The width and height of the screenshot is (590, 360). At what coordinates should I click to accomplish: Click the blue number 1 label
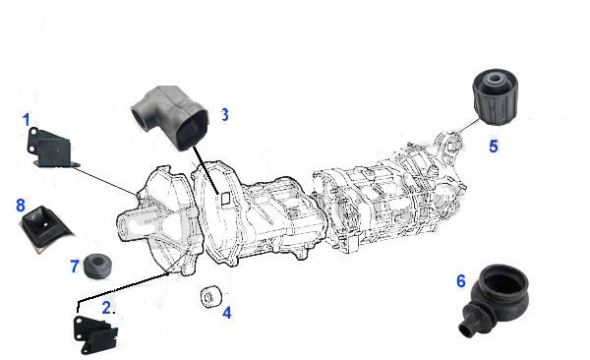click(x=26, y=120)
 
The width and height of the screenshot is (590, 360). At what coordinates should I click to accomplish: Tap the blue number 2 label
click(x=106, y=308)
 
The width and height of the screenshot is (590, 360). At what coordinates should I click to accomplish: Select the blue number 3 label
click(x=224, y=114)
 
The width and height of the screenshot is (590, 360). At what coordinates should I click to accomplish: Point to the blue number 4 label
click(x=226, y=313)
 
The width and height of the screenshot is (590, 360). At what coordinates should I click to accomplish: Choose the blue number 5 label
click(x=494, y=147)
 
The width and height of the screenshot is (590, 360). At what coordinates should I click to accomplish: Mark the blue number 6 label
click(x=461, y=281)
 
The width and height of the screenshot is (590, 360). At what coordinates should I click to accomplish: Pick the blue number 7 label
click(x=75, y=267)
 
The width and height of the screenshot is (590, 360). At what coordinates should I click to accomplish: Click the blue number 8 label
click(x=21, y=206)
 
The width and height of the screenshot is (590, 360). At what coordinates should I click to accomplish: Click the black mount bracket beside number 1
click(x=51, y=148)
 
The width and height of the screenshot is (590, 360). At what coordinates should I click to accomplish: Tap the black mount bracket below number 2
click(x=95, y=335)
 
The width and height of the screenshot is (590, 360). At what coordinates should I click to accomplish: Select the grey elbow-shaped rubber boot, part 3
click(x=171, y=117)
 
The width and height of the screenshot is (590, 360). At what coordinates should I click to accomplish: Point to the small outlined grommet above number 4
click(x=210, y=297)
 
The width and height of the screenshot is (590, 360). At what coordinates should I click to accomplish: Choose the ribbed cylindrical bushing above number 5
click(x=495, y=96)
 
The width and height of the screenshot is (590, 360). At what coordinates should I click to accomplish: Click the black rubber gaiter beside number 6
click(x=495, y=297)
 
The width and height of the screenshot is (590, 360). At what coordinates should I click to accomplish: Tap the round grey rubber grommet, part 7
click(x=97, y=267)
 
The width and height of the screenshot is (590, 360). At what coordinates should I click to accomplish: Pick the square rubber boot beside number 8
click(x=45, y=228)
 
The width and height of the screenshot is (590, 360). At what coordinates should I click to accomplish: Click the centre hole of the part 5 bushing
click(x=494, y=79)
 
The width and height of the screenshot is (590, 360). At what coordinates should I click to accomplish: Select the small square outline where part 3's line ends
click(x=225, y=198)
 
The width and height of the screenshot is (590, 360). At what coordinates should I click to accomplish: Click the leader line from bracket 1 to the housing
click(x=105, y=182)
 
